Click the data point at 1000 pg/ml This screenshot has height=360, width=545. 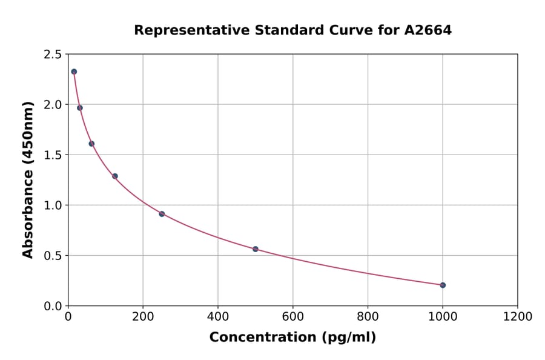pos(443,285)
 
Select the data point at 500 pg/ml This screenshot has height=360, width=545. pos(256,249)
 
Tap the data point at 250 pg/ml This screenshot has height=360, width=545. pos(162,214)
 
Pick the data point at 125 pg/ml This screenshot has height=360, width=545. pos(115,176)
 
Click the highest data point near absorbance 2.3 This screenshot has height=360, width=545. pos(74,72)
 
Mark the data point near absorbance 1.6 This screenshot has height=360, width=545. pos(91,144)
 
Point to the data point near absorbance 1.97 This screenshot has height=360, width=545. pos(80,108)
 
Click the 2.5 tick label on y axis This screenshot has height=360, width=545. pos(52,55)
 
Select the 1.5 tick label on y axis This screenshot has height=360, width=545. pos(52,155)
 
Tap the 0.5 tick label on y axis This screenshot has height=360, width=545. pos(52,256)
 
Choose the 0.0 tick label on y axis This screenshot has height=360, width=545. pos(52,306)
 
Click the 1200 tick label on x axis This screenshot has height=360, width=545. pos(518,317)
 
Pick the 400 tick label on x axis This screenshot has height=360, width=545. pos(218,317)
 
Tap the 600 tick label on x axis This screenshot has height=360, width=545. pos(293,317)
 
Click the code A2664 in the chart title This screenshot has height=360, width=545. pos(428,30)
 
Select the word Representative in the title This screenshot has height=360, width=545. pos(185,30)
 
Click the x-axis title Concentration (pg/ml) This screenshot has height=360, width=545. pos(292,338)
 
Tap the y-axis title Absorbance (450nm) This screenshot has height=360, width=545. pos(28,180)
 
